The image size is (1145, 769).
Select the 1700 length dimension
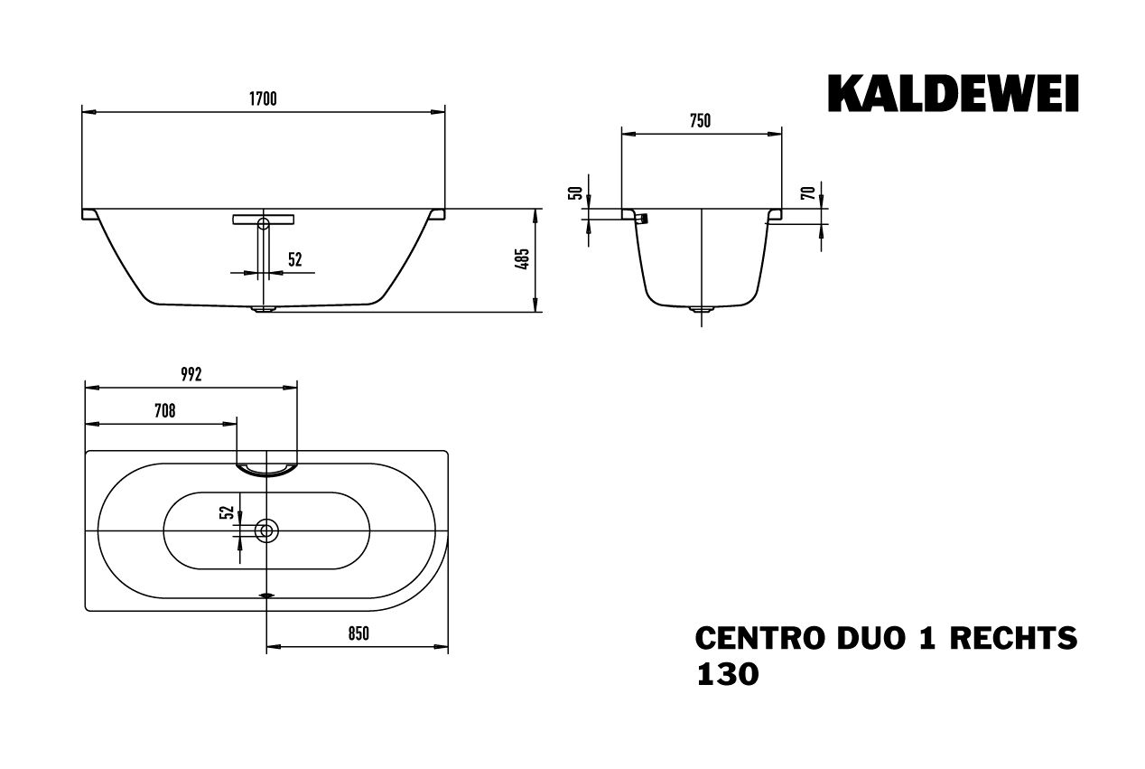point(263,100)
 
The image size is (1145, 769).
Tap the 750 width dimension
point(701,121)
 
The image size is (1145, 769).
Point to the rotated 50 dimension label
point(573,192)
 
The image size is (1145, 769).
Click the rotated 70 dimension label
point(809,192)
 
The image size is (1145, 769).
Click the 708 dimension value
point(163,411)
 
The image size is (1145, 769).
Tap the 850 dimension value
point(358,634)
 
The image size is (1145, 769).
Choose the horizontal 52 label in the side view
point(294,260)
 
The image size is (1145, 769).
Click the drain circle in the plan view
point(266,530)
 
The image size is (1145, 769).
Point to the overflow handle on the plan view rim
point(266,467)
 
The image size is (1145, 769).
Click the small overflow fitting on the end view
point(643,219)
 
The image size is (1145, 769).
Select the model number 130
point(727,674)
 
